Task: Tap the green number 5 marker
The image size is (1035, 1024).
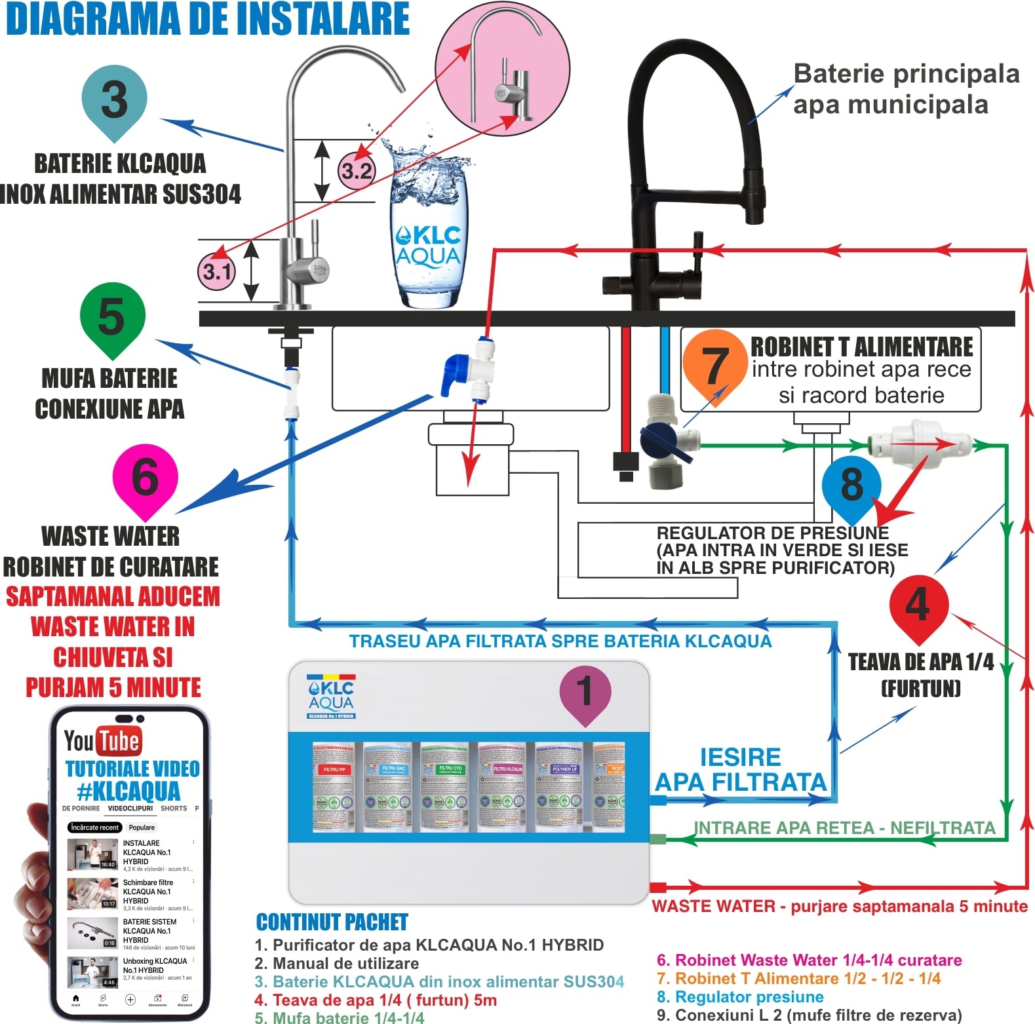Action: pyautogui.click(x=111, y=316)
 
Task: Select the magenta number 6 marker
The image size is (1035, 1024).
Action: pyautogui.click(x=145, y=476)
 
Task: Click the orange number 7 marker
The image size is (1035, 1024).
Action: pyautogui.click(x=714, y=365)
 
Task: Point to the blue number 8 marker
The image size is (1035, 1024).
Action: pyautogui.click(x=851, y=485)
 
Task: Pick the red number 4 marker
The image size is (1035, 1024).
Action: pyautogui.click(x=918, y=604)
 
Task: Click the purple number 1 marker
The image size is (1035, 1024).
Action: pyautogui.click(x=585, y=692)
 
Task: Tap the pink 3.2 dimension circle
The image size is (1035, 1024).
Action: pyautogui.click(x=357, y=171)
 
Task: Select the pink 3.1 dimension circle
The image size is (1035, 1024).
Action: pyautogui.click(x=217, y=271)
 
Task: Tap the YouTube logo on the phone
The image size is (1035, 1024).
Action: pyautogui.click(x=103, y=741)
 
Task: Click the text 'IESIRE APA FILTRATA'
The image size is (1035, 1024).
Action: pyautogui.click(x=741, y=770)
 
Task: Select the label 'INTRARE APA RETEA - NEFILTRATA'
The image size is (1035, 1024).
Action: pyautogui.click(x=844, y=828)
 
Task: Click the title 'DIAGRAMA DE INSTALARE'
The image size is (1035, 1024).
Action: pyautogui.click(x=208, y=19)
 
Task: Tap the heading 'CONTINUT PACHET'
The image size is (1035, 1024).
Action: pyautogui.click(x=332, y=922)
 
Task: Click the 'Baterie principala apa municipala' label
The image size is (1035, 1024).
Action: pyautogui.click(x=905, y=89)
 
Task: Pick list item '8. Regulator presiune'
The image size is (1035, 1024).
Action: pyautogui.click(x=740, y=996)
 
